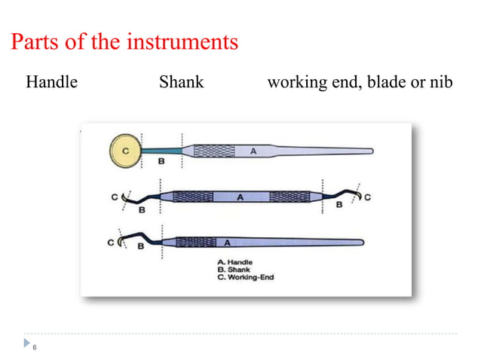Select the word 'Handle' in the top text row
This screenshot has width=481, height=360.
click(x=51, y=82)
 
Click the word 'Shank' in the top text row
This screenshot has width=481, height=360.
click(x=181, y=82)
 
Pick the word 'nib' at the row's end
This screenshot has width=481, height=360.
click(x=440, y=82)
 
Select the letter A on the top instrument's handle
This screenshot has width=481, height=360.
click(x=253, y=151)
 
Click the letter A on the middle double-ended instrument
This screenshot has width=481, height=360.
click(x=240, y=197)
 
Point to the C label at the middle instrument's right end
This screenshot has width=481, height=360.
click(x=368, y=197)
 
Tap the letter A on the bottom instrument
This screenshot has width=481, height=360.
click(x=225, y=243)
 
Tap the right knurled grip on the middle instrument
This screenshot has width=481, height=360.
click(x=290, y=197)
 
